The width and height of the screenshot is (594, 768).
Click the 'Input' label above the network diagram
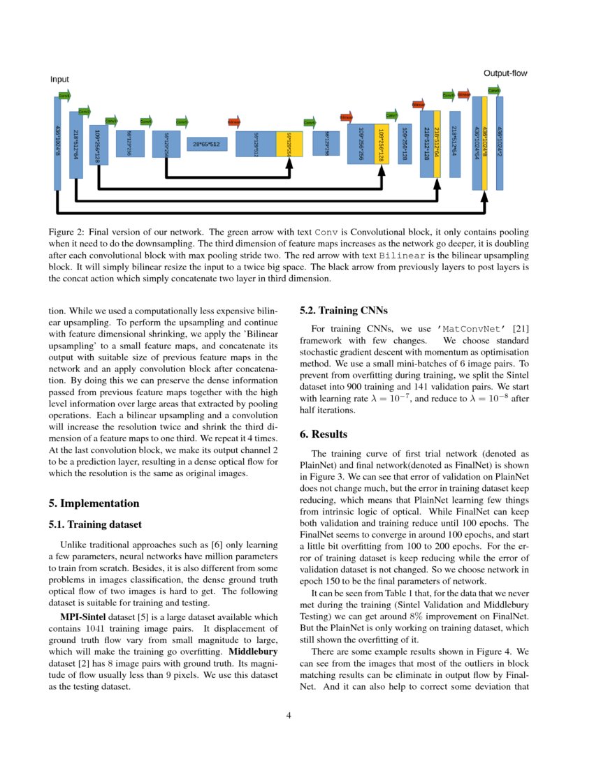(59, 80)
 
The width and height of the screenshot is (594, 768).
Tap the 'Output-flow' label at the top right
(505, 73)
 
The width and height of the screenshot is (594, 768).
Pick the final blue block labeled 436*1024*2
(500, 143)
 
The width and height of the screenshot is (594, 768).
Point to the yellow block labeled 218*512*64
(437, 143)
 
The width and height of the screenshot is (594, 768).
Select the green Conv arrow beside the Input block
(64, 95)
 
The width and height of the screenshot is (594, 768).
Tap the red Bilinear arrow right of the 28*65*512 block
(234, 121)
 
